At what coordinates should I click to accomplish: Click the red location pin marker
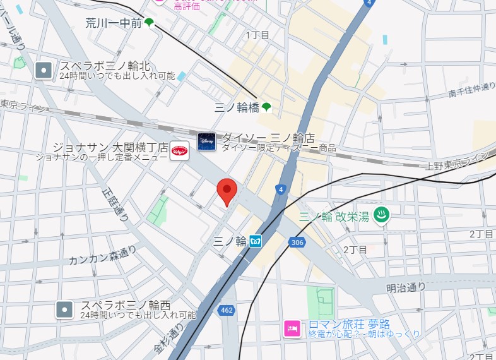[227, 190]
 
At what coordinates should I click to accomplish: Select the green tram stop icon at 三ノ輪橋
[267, 107]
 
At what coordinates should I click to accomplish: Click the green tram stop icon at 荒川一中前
[149, 23]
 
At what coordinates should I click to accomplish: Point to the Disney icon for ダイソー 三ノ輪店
[207, 141]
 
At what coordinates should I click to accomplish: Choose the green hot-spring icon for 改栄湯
[382, 214]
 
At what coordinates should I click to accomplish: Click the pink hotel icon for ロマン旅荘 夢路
[292, 329]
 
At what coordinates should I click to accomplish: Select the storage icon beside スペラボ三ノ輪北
[44, 69]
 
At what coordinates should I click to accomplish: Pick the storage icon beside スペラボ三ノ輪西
[64, 309]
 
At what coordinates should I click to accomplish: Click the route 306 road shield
[297, 242]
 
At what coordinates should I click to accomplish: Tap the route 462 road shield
[227, 309]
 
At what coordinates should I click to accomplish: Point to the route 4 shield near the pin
[280, 189]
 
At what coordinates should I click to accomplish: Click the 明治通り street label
[406, 287]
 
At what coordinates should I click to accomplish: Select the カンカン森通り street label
[103, 255]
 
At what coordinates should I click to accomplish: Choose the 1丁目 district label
[257, 34]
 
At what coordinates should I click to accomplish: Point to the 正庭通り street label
[117, 201]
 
